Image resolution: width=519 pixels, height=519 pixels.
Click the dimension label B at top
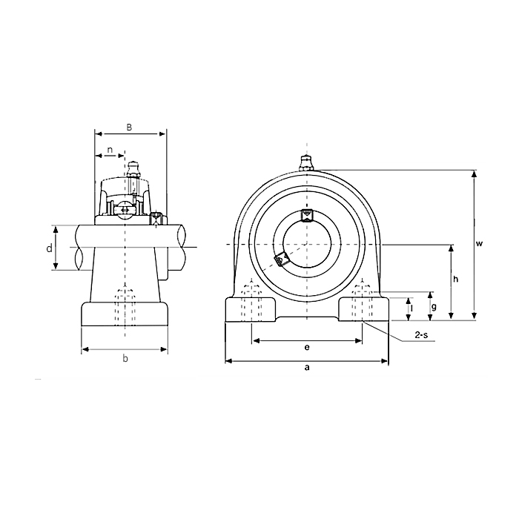pyautogui.click(x=129, y=127)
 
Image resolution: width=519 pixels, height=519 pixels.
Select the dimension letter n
pyautogui.click(x=110, y=150)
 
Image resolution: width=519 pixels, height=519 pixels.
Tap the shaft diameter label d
pyautogui.click(x=50, y=248)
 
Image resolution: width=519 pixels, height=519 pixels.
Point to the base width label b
pyautogui.click(x=125, y=359)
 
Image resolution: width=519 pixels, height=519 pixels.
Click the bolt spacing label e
pyautogui.click(x=307, y=347)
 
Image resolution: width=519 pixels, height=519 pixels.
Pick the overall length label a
pyautogui.click(x=307, y=368)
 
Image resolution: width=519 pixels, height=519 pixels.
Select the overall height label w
pyautogui.click(x=480, y=243)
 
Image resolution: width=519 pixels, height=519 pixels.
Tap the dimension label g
pyautogui.click(x=434, y=306)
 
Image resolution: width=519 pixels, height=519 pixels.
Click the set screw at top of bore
pyautogui.click(x=306, y=215)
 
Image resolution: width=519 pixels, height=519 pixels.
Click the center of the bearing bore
pyautogui.click(x=306, y=244)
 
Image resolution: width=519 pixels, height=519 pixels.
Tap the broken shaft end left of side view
pyautogui.click(x=79, y=248)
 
